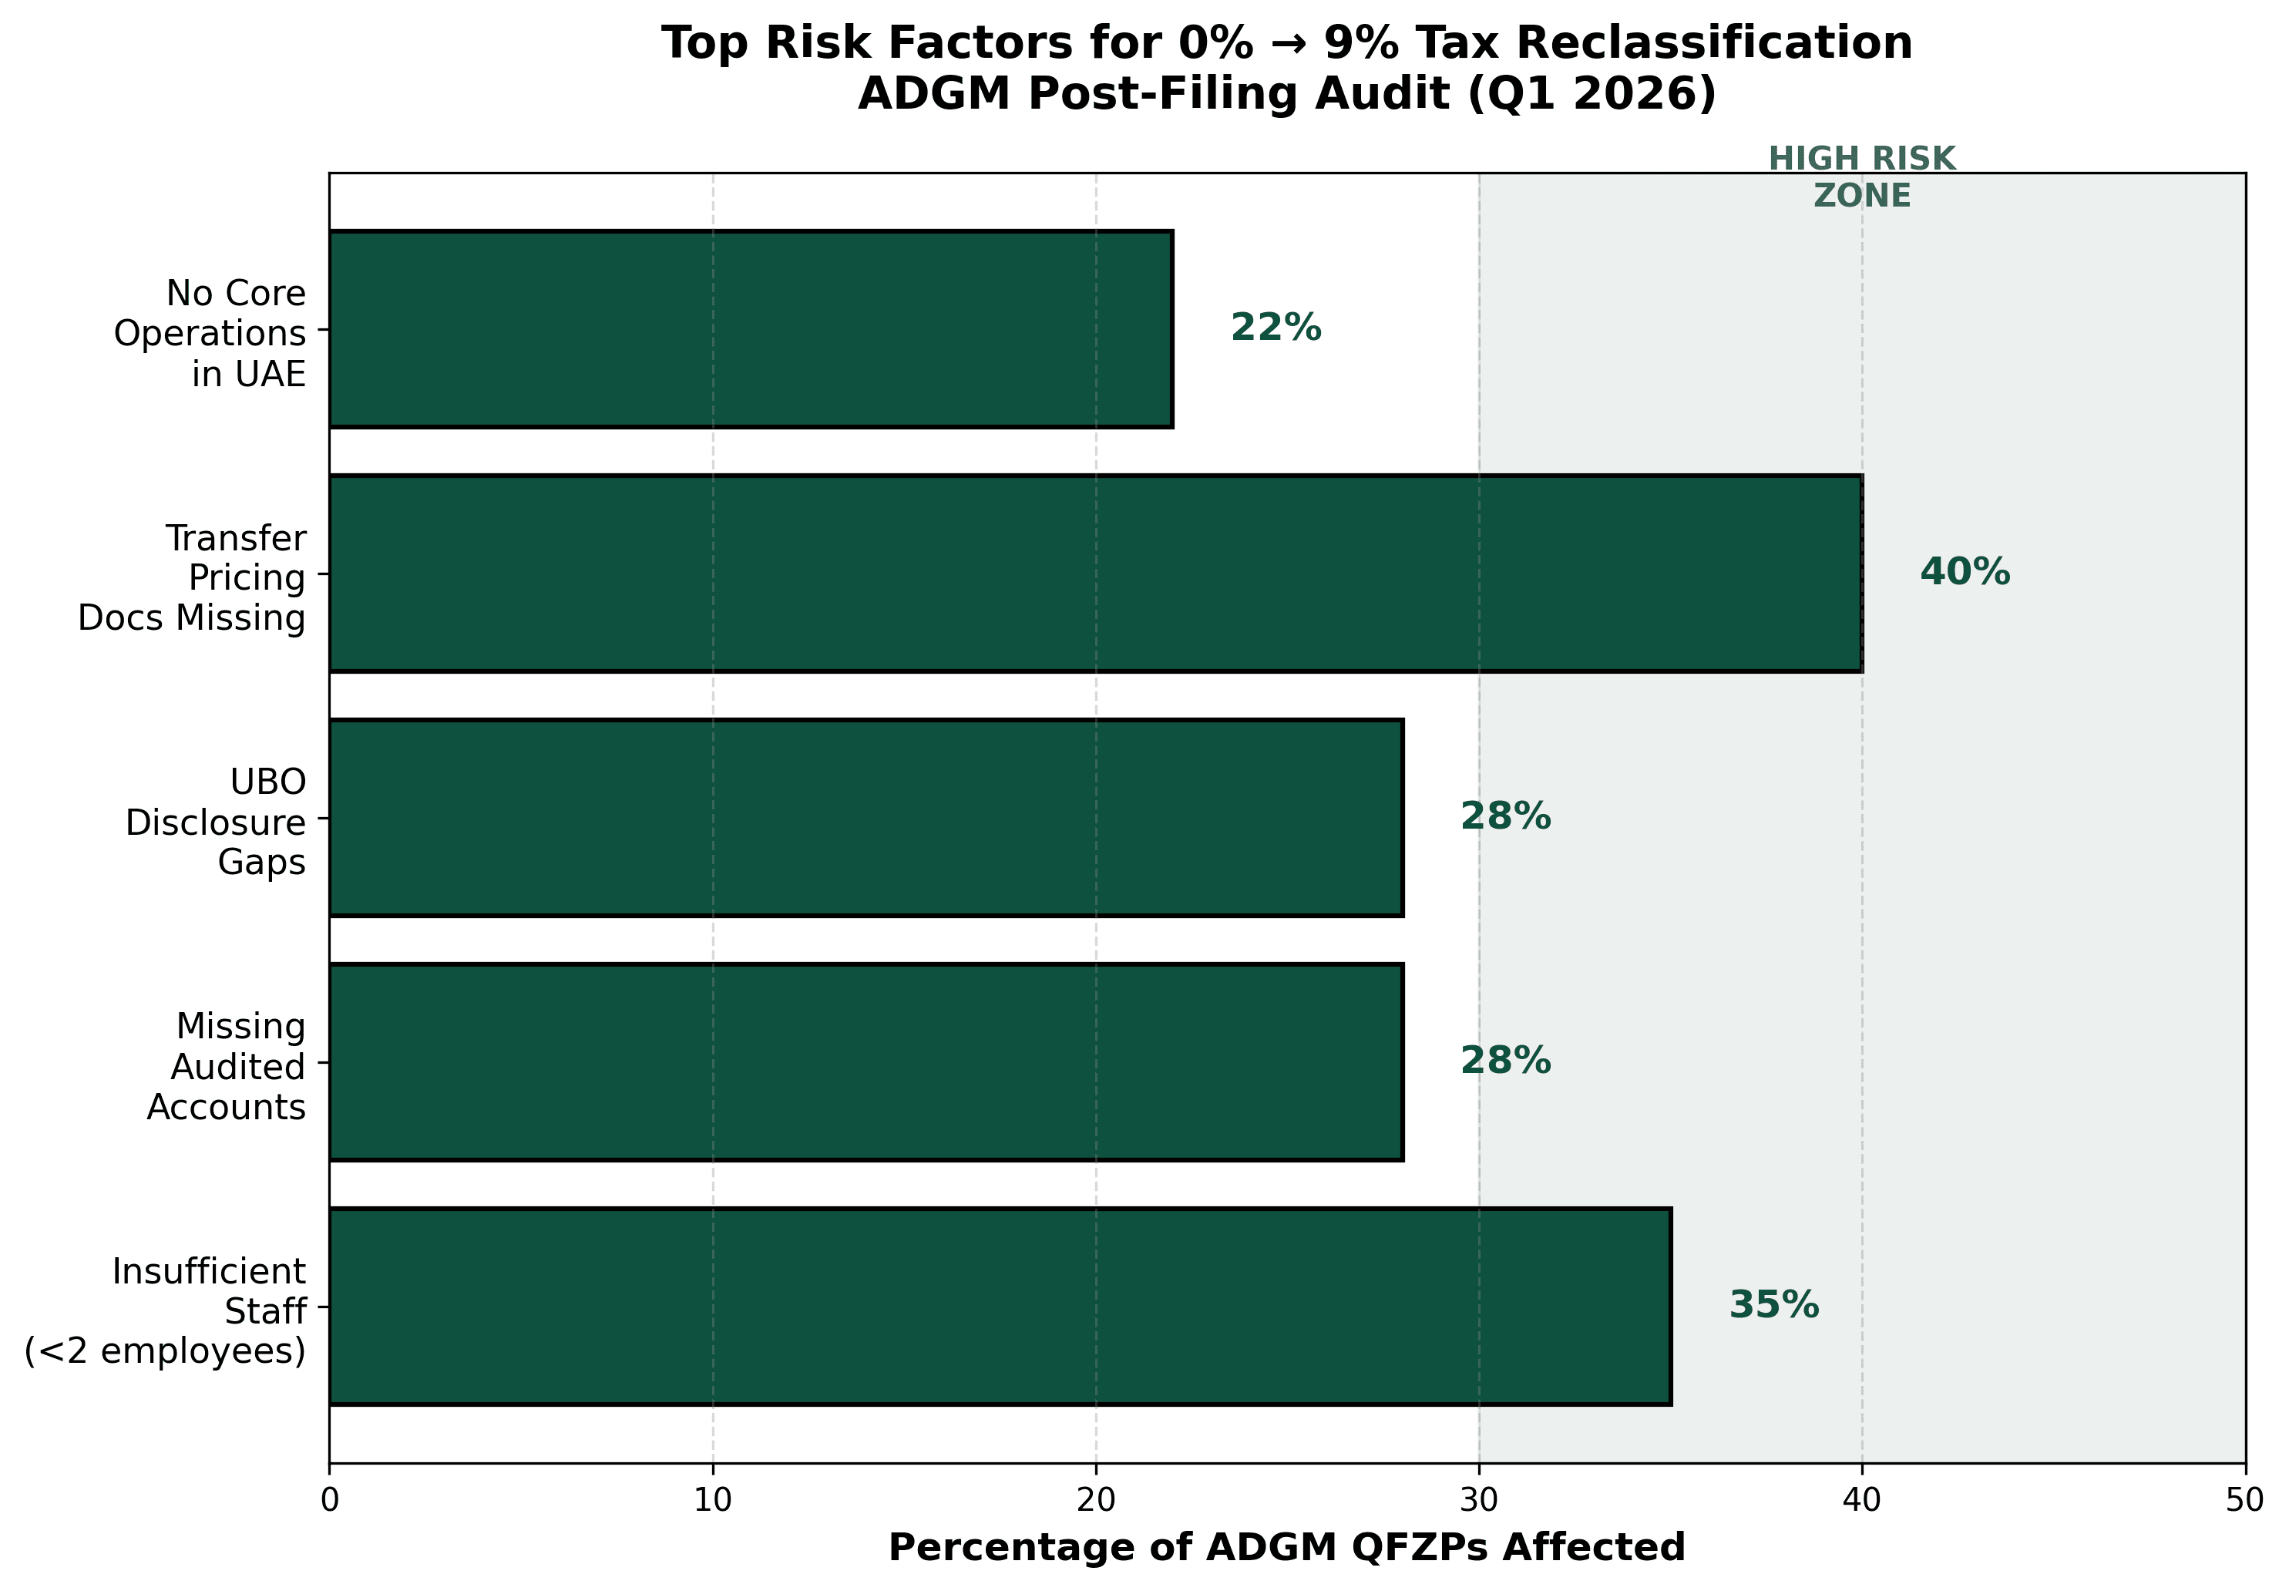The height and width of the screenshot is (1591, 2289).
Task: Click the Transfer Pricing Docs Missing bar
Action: [1094, 573]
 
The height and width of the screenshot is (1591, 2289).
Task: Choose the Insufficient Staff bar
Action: [999, 1306]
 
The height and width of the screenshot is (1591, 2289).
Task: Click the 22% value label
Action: [1276, 328]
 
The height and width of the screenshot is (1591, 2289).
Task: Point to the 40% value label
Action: [1964, 572]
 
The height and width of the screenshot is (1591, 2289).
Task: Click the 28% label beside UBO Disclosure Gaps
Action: [1504, 816]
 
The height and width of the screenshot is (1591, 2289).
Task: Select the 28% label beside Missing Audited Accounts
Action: [1504, 1061]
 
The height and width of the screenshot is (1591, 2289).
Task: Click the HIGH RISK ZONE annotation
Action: [1861, 177]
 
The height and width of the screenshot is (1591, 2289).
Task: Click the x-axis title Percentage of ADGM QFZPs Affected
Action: [1286, 1548]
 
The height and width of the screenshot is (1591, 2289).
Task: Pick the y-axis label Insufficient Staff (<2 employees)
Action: [166, 1311]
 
